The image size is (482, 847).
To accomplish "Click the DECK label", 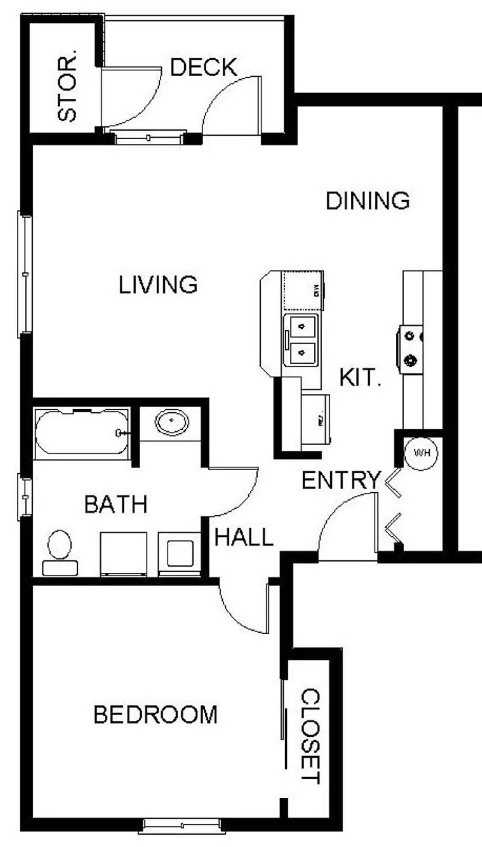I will point(204,68).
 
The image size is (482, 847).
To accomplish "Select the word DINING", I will point(368,201).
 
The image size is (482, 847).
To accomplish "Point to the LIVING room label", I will point(158,285).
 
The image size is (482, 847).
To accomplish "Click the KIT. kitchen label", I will point(360,378).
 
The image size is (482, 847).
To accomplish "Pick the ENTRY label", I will point(341,481).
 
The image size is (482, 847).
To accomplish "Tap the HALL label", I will point(244,538).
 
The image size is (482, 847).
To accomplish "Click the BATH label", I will point(116,504).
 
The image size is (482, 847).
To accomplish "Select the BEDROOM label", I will point(156,715).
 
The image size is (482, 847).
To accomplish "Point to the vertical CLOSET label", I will point(311,736).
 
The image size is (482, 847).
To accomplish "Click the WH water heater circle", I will point(421,453).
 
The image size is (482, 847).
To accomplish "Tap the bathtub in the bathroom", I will point(82,432).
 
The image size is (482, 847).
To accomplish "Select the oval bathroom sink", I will point(172,422).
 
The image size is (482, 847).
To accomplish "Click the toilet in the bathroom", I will point(59,551).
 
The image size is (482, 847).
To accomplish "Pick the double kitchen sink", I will point(301,340).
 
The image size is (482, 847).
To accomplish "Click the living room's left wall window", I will point(25,274).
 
